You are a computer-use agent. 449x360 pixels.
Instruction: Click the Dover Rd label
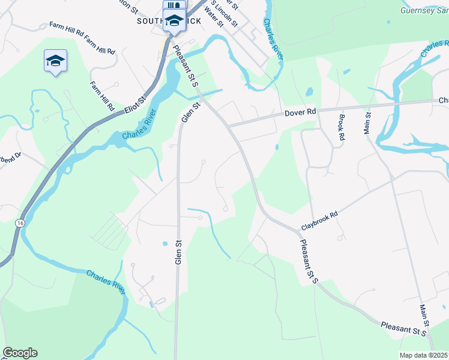click(300, 112)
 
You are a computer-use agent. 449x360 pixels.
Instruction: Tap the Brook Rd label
click(342, 128)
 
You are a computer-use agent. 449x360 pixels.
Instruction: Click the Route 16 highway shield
click(21, 223)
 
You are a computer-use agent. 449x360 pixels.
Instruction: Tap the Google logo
click(20, 353)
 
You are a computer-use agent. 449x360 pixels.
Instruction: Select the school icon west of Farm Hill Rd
click(55, 61)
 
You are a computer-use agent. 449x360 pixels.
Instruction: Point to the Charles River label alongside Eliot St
click(139, 125)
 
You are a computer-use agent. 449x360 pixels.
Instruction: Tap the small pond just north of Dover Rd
click(309, 92)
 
